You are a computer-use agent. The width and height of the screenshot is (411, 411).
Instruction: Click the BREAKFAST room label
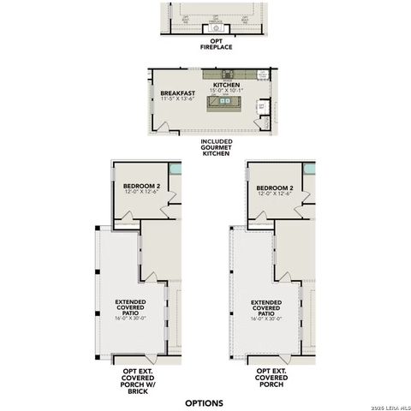pyautogui.click(x=177, y=92)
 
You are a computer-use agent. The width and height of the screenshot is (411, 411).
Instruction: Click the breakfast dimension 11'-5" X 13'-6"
pyautogui.click(x=177, y=98)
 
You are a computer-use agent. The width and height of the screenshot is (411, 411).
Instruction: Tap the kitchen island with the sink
pyautogui.click(x=227, y=103)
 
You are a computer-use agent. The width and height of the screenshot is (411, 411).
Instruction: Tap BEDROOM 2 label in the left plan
pyautogui.click(x=140, y=188)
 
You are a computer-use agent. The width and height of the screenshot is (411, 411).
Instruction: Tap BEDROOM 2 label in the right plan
pyautogui.click(x=274, y=188)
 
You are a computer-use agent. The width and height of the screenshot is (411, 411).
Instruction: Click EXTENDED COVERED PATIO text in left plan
pyautogui.click(x=130, y=307)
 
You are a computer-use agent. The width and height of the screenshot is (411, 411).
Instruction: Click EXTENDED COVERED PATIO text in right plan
pyautogui.click(x=266, y=307)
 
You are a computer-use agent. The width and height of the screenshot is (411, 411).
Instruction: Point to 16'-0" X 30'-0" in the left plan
pyautogui.click(x=130, y=319)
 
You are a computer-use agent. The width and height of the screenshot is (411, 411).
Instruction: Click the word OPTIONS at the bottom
pyautogui.click(x=204, y=402)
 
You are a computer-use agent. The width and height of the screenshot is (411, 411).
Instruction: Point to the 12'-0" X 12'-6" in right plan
pyautogui.click(x=274, y=194)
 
